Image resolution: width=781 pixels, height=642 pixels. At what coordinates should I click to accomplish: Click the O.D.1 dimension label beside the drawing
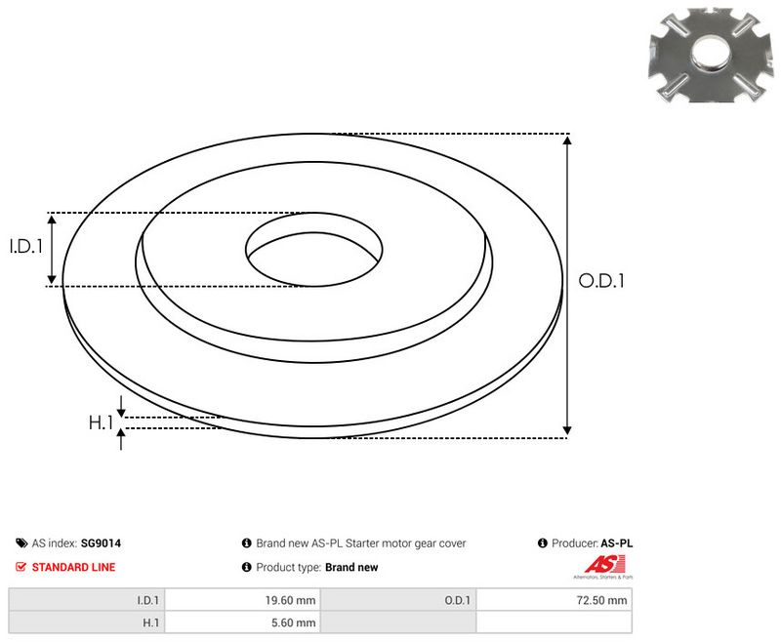pos(601,281)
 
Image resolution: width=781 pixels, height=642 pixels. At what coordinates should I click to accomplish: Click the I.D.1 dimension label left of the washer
pos(26,248)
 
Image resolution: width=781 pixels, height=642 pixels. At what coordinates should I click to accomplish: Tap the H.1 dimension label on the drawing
pos(102,422)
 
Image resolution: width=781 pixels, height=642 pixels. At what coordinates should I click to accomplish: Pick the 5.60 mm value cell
pos(293,622)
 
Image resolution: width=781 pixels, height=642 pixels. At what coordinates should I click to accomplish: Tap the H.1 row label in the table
pos(151,622)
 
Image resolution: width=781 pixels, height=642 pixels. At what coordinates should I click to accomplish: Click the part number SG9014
pos(101,543)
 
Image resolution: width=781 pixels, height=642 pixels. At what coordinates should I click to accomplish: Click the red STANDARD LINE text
pos(73,567)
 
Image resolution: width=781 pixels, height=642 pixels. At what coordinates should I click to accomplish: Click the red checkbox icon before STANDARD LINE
pos(21,567)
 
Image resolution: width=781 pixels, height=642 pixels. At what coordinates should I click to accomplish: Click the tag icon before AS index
pos(21,543)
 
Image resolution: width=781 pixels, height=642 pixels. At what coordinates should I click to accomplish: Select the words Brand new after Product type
pos(351,567)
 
